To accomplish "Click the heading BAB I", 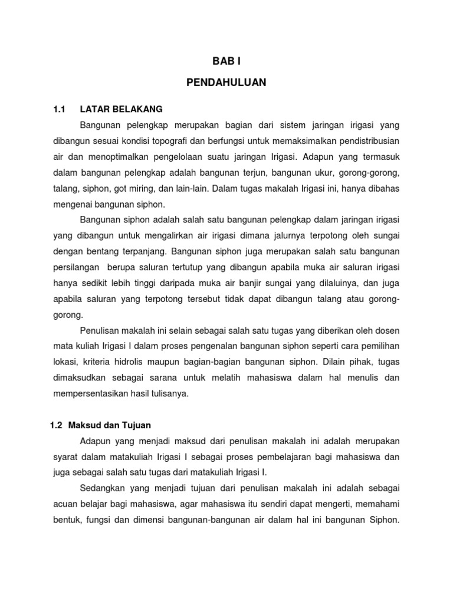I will [x=226, y=60].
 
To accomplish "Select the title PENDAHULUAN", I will [x=226, y=83].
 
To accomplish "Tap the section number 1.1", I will [x=58, y=109].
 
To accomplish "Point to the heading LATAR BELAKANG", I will [x=121, y=109].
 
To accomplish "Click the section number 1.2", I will [x=57, y=425].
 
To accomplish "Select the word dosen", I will [x=387, y=330].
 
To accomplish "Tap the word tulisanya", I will [x=171, y=394].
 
